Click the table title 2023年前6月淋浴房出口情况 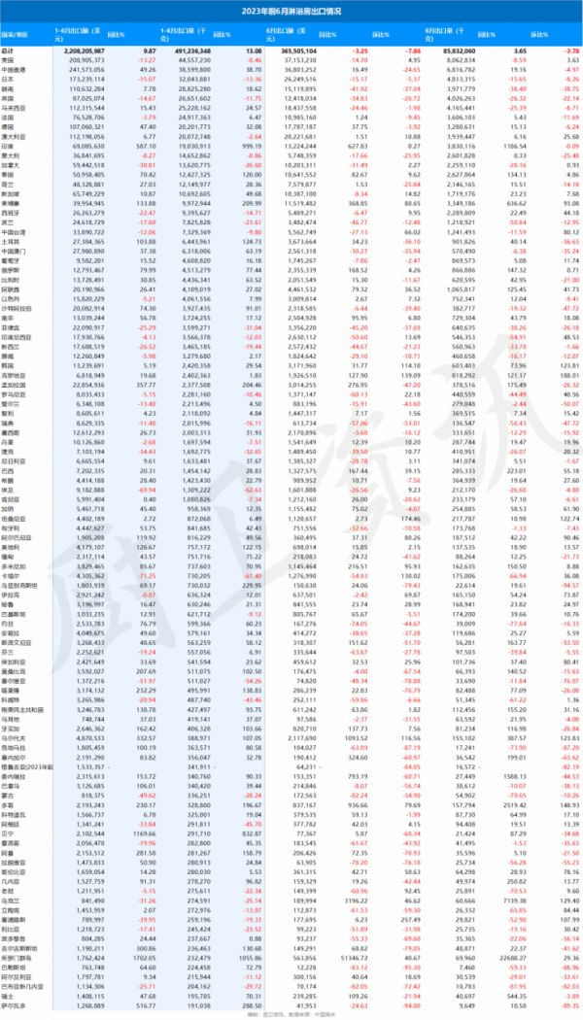(291, 10)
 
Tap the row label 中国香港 (17, 69)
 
